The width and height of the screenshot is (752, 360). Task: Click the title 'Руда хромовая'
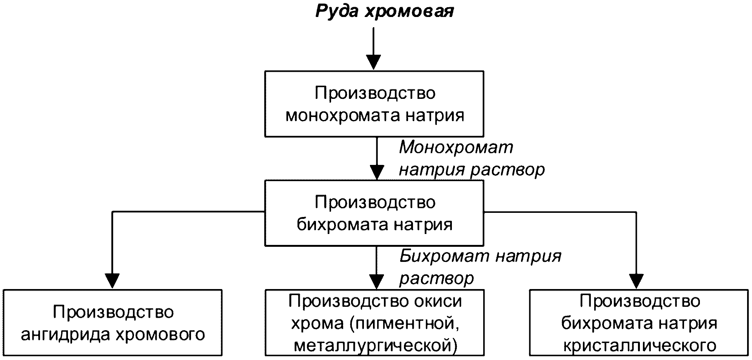(x=385, y=12)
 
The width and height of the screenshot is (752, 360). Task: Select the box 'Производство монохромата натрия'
(x=374, y=104)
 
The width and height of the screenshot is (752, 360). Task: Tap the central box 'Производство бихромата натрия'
(x=374, y=213)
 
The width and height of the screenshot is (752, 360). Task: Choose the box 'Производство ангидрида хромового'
(x=112, y=323)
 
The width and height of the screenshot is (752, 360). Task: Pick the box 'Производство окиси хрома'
(x=374, y=323)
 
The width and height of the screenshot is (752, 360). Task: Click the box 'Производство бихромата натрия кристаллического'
(x=639, y=323)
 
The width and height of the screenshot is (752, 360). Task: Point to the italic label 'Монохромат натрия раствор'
(x=472, y=158)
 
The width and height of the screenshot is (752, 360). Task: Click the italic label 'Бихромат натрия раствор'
(x=480, y=267)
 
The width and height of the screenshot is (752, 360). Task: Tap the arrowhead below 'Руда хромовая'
(x=373, y=63)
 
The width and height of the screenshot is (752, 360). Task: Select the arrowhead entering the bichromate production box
(x=377, y=172)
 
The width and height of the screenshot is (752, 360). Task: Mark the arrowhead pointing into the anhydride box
(x=112, y=282)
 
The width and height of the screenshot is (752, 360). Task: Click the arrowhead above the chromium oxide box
(x=376, y=282)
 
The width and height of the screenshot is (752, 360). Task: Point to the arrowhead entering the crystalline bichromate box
(x=636, y=282)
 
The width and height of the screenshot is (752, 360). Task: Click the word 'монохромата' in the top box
(x=342, y=115)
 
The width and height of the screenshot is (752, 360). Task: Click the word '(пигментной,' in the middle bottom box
(x=405, y=323)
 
